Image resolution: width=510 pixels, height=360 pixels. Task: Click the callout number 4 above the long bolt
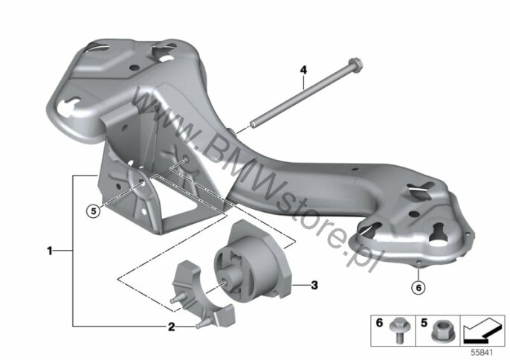[x=303, y=70]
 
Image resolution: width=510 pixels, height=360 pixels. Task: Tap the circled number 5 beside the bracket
[x=94, y=211]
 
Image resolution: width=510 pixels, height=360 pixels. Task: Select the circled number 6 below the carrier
[x=419, y=287]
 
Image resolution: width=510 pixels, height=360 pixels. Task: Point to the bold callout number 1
[x=49, y=251]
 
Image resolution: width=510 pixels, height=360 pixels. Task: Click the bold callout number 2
[x=172, y=327]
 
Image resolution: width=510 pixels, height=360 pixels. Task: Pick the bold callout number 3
[x=314, y=285]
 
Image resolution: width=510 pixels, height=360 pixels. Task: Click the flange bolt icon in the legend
[x=398, y=330]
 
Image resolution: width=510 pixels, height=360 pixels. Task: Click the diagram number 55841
[x=482, y=352]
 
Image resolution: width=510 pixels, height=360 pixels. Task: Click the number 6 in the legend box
[x=379, y=323]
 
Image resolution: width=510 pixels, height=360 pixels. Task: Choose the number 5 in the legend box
[x=424, y=323]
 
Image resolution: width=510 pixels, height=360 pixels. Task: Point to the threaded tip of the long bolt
[x=253, y=124]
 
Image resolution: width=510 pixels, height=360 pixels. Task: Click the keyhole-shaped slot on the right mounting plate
[x=439, y=233]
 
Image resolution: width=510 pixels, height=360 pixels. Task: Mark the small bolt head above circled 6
[x=419, y=263]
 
